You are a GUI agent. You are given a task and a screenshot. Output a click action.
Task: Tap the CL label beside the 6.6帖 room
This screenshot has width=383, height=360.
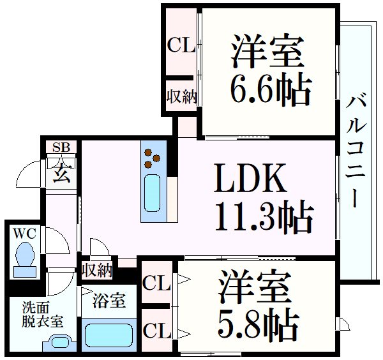pyautogui.click(x=181, y=46)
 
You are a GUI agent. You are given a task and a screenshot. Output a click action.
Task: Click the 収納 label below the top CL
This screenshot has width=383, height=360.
pyautogui.click(x=181, y=96)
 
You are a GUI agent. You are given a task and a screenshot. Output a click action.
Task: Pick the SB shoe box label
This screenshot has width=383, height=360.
pyautogui.click(x=61, y=148)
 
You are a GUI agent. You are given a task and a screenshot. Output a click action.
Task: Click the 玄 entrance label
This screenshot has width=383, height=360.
pyautogui.click(x=61, y=172)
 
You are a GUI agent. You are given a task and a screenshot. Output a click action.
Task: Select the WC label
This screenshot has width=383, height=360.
pyautogui.click(x=24, y=234)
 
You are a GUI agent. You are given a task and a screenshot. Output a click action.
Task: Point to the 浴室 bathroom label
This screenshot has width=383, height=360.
pyautogui.click(x=104, y=300)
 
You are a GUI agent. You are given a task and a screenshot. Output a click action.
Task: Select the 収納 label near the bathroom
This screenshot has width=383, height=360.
pyautogui.click(x=96, y=269)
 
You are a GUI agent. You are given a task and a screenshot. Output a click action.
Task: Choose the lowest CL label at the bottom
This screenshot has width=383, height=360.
pyautogui.click(x=156, y=331)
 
